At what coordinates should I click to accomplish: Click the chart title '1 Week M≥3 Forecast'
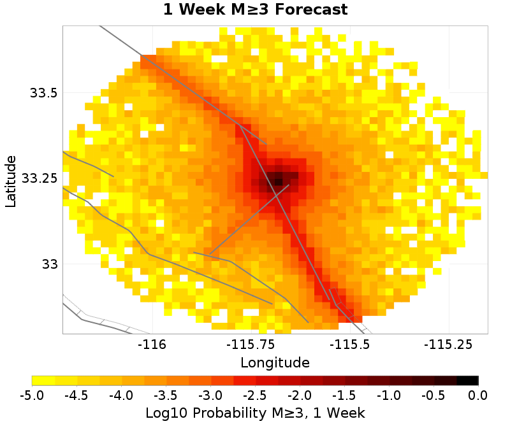pyautogui.click(x=255, y=10)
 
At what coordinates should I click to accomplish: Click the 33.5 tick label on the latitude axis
pyautogui.click(x=44, y=93)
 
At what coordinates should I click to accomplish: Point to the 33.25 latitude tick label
pyautogui.click(x=40, y=178)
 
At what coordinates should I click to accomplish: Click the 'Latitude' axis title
pyautogui.click(x=11, y=180)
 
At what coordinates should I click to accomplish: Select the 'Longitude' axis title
pyautogui.click(x=275, y=363)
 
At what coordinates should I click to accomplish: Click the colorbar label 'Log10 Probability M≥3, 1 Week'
pyautogui.click(x=255, y=413)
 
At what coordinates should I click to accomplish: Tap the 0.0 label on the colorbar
pyautogui.click(x=478, y=395)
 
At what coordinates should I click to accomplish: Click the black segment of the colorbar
pyautogui.click(x=467, y=381)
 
